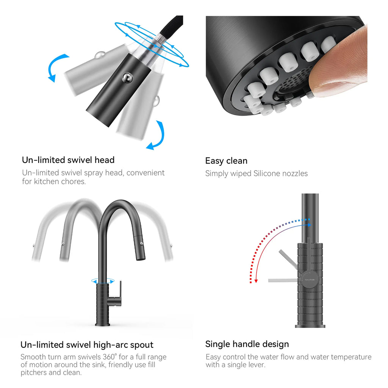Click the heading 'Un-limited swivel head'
point(68,160)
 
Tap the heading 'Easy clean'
point(226,161)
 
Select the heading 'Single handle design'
point(247,344)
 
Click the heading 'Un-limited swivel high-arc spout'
point(87,345)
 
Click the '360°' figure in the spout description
point(110,357)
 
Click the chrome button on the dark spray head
point(127,78)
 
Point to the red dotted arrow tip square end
point(250,282)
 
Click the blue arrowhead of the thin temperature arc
point(309,225)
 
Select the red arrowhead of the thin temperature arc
point(256,281)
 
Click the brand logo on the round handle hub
point(310,280)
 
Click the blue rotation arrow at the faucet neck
point(103,281)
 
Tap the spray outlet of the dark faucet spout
point(140,259)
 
